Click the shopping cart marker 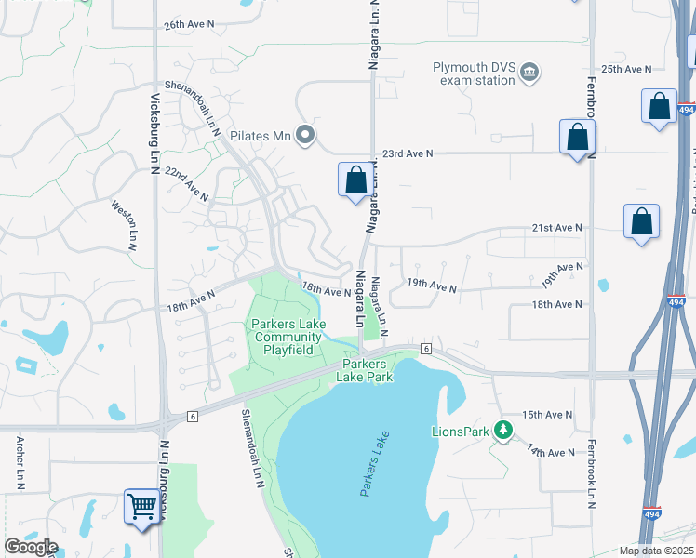[141, 508]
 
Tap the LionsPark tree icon [503, 430]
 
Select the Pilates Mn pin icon [304, 137]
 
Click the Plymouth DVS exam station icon [529, 72]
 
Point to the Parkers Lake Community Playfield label [288, 338]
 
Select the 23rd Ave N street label [411, 153]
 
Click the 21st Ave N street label [555, 228]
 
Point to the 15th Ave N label [549, 415]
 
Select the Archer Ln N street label [20, 461]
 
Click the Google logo [30, 547]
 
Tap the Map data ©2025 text [657, 551]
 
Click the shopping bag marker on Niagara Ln [355, 179]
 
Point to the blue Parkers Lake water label [372, 464]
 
